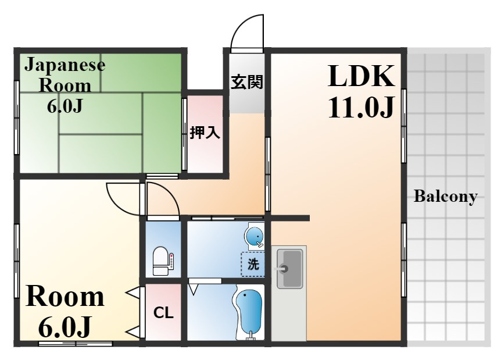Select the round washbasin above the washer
[x=255, y=237]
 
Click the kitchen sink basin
[x=289, y=268]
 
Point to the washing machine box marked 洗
[x=253, y=265]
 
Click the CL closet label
[x=163, y=313]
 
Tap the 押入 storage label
[x=205, y=133]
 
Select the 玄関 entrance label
[x=247, y=82]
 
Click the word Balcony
[x=445, y=196]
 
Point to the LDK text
[x=361, y=76]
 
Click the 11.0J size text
[x=361, y=107]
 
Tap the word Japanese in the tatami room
[x=65, y=65]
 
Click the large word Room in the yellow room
[x=65, y=297]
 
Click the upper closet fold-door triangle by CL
[x=134, y=294]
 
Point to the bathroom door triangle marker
[x=193, y=290]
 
